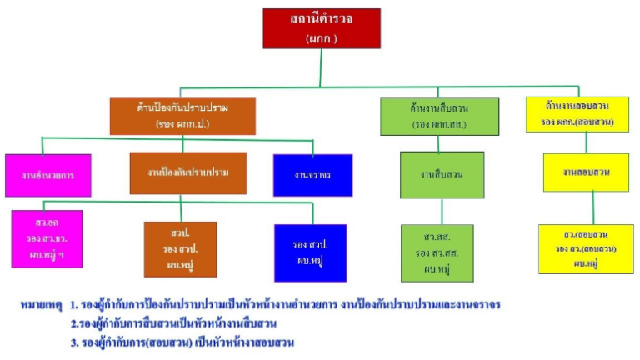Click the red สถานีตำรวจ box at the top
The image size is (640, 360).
pyautogui.click(x=321, y=28)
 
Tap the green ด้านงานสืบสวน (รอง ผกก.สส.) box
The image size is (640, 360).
pyautogui.click(x=439, y=117)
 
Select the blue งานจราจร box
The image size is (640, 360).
pyautogui.click(x=312, y=175)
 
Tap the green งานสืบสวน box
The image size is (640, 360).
pyautogui.click(x=442, y=174)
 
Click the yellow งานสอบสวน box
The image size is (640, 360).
pyautogui.click(x=586, y=172)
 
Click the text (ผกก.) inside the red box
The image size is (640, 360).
pyautogui.click(x=321, y=37)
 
